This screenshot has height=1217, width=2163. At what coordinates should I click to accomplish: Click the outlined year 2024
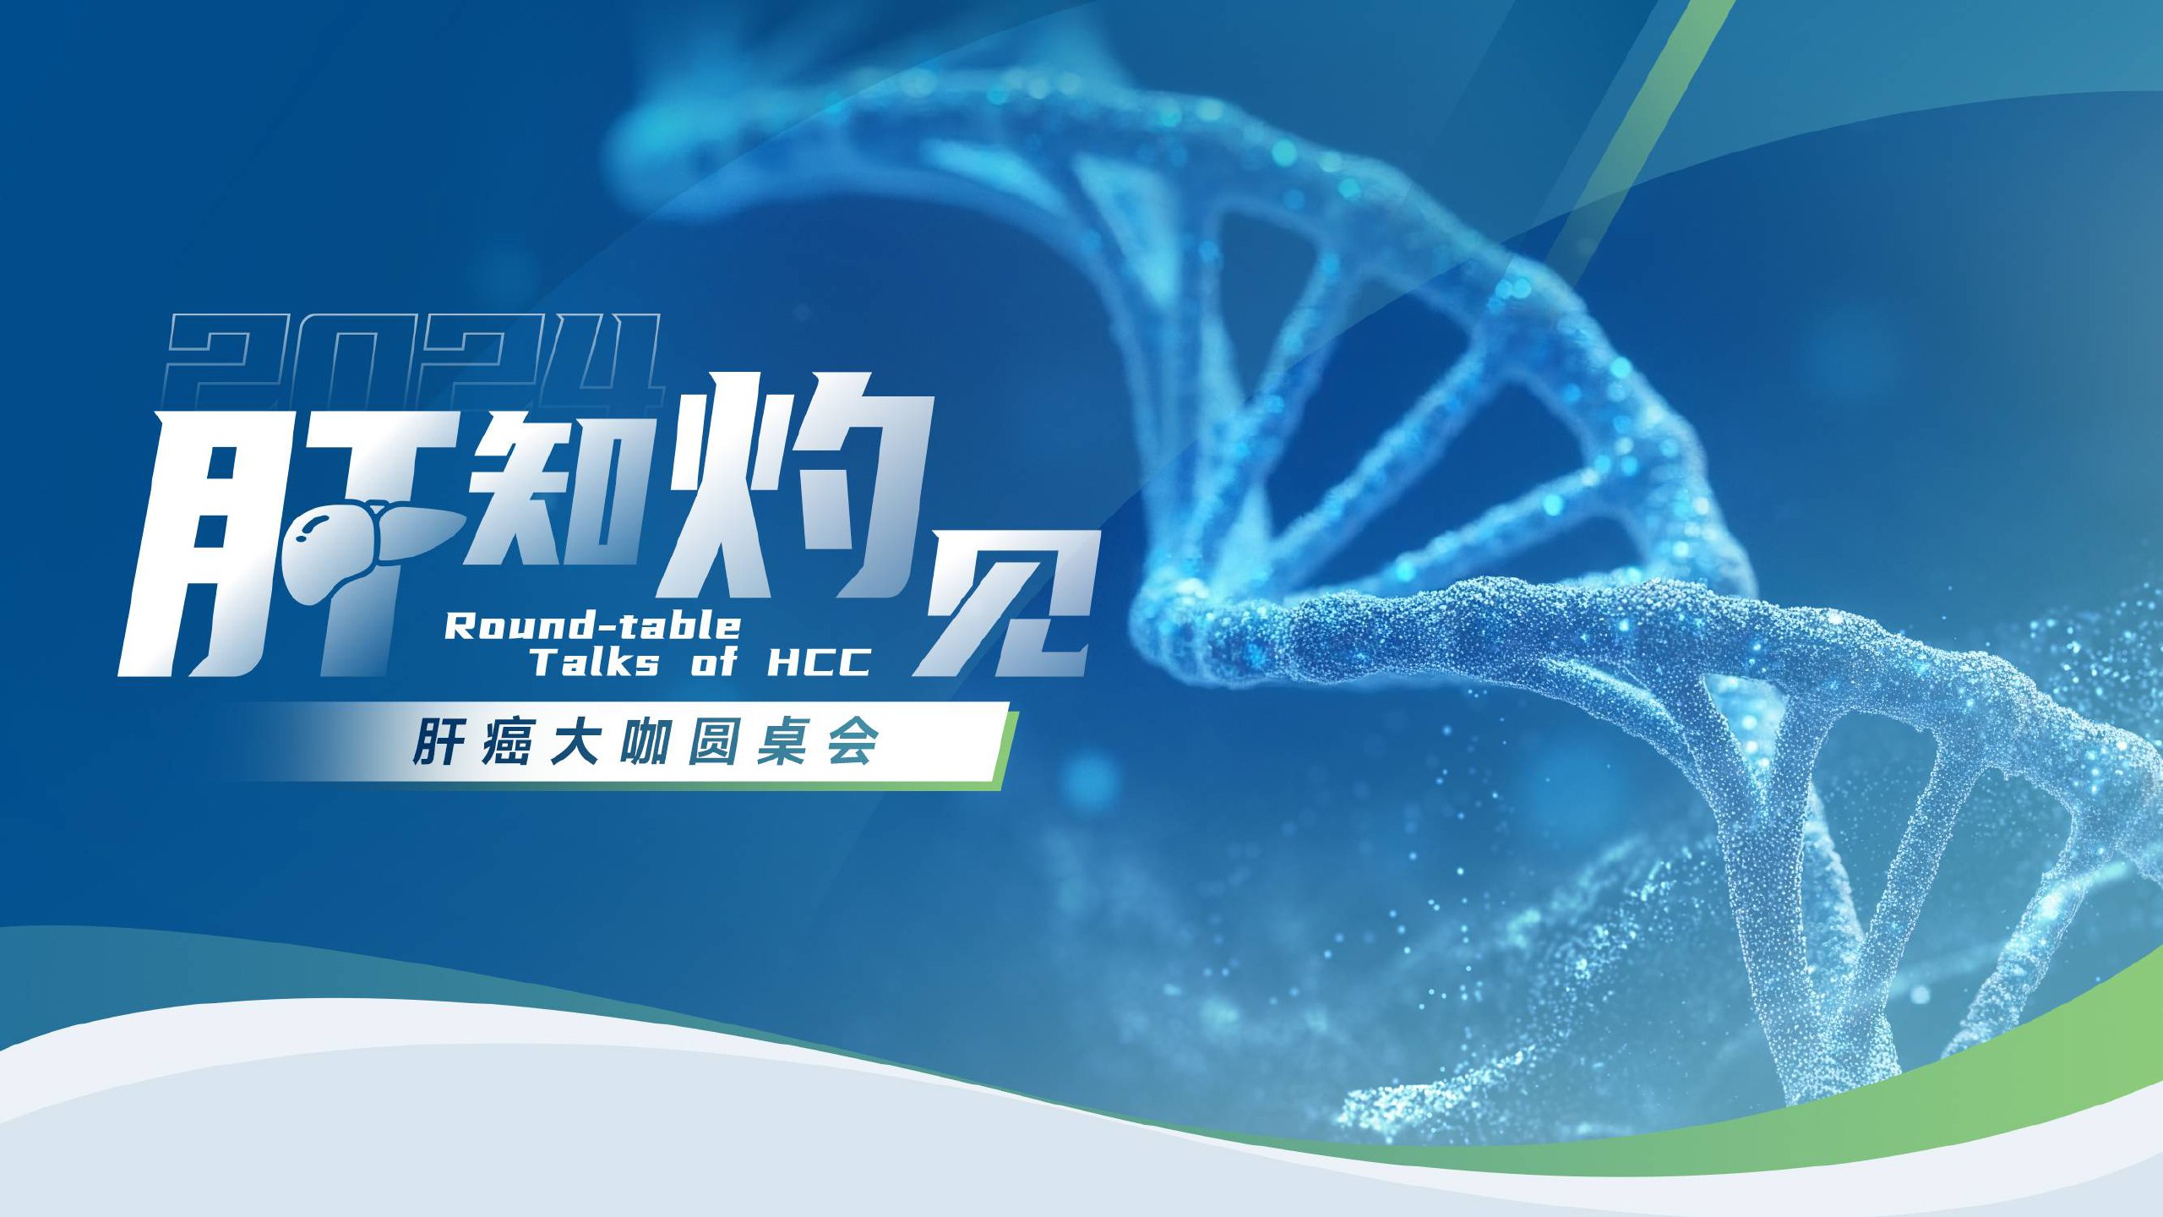(x=414, y=359)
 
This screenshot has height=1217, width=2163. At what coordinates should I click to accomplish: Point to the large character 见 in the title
(x=1005, y=604)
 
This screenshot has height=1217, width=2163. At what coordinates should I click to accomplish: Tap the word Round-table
(x=592, y=626)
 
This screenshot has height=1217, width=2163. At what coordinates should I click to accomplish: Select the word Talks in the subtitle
(x=594, y=662)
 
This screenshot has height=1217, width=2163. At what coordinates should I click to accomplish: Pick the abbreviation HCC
(x=818, y=662)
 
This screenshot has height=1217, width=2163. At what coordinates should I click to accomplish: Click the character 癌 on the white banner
(x=507, y=743)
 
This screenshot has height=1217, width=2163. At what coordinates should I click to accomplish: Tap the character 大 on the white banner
(x=575, y=743)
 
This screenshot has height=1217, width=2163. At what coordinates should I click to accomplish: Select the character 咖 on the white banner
(x=645, y=743)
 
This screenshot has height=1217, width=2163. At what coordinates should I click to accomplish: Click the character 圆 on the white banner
(x=713, y=743)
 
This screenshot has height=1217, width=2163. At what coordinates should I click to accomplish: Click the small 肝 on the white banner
(x=439, y=743)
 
